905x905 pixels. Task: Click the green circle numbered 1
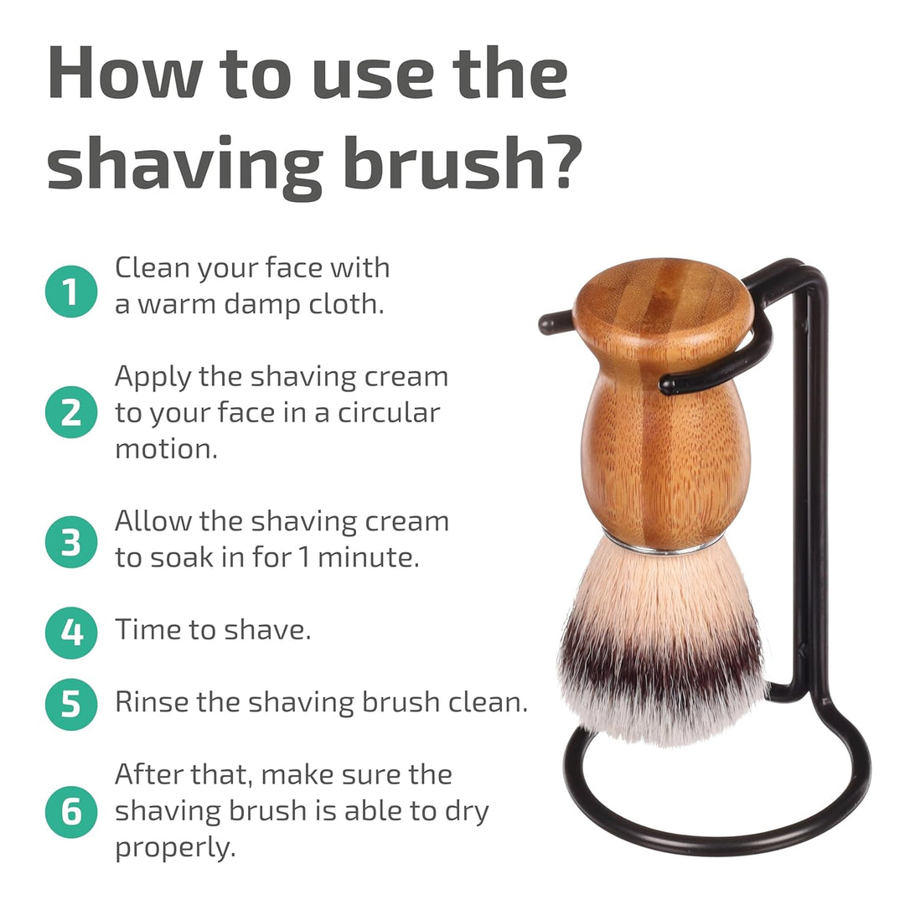71,292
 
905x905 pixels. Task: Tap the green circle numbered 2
71,412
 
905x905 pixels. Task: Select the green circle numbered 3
71,542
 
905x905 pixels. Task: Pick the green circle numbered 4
71,633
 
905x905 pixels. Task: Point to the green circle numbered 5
71,704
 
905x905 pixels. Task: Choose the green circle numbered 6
71,812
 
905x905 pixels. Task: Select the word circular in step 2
389,412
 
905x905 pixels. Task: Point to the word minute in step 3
368,557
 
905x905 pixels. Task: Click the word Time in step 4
147,629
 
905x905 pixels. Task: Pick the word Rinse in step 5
151,702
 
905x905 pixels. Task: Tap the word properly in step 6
175,848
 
